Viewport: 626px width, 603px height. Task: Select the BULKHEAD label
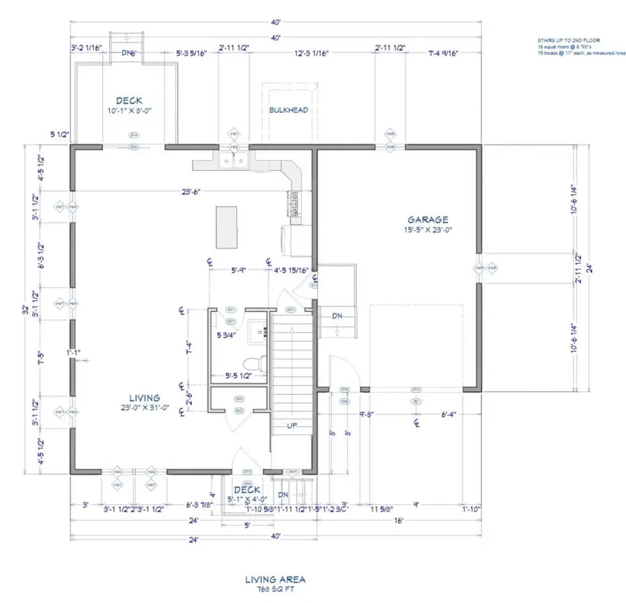click(289, 110)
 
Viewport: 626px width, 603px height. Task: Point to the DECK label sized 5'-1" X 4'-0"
click(247, 490)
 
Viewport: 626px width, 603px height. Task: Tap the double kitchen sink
click(232, 162)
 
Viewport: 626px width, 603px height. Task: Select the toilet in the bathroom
click(255, 363)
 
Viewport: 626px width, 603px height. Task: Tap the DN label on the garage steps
click(337, 316)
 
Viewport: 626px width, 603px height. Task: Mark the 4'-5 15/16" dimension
click(291, 270)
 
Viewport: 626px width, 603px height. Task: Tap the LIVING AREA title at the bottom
click(275, 579)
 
